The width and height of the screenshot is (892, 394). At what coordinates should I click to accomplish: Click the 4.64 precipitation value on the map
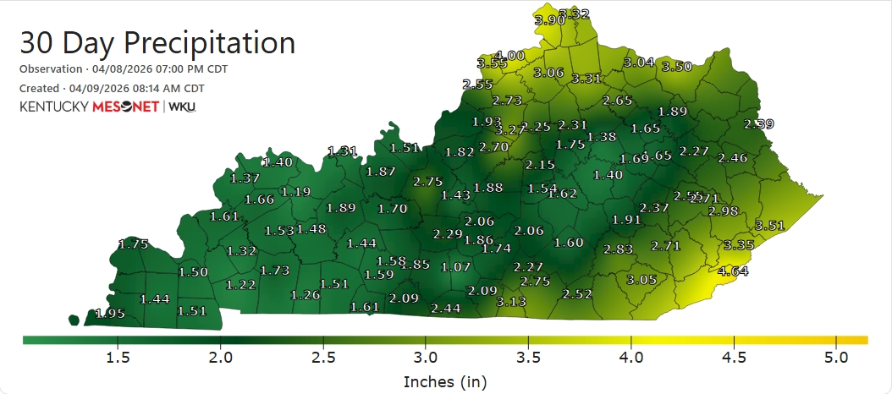[x=733, y=271]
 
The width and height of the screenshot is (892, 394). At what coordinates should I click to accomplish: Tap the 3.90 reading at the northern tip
[x=550, y=20]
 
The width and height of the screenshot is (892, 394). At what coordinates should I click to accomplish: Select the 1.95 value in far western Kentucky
[x=110, y=314]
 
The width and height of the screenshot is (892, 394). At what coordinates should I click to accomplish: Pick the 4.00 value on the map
[x=510, y=56]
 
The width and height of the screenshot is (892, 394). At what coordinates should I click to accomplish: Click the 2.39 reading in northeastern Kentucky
[x=758, y=124]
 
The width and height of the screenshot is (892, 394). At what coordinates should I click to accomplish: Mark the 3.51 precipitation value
[x=770, y=225]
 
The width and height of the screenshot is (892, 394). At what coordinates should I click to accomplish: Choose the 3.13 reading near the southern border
[x=511, y=302]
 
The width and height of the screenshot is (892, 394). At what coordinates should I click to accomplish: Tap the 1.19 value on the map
[x=295, y=192]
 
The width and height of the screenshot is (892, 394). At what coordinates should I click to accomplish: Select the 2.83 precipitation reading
[x=619, y=249]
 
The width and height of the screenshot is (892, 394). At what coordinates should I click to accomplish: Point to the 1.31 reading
[x=343, y=150]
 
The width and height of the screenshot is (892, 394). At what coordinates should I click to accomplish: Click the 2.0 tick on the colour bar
[x=221, y=358]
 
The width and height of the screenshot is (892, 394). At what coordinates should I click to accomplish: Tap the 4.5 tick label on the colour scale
[x=734, y=358]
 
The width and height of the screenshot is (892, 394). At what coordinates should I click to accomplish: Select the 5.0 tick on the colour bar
[x=836, y=358]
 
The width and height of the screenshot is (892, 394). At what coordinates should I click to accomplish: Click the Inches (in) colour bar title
[x=445, y=381]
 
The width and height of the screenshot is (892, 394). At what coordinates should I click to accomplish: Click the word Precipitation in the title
[x=209, y=42]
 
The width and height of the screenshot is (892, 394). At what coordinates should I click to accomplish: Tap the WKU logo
[x=182, y=107]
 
